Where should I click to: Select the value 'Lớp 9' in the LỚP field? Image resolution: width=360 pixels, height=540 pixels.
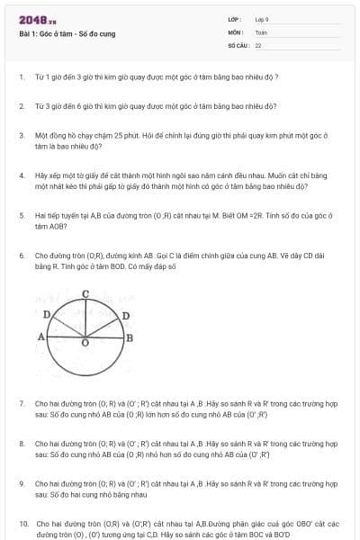pos(262,19)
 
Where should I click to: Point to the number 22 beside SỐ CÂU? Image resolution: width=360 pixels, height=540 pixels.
pos(258,44)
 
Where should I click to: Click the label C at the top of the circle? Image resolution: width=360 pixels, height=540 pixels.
pos(85,293)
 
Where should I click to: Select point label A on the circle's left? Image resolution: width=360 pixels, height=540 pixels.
pos(40,336)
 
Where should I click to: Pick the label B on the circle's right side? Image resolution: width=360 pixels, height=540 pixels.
pos(130,337)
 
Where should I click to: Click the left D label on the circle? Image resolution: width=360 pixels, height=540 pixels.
pos(46,313)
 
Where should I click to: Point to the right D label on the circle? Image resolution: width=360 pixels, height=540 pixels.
pos(125,315)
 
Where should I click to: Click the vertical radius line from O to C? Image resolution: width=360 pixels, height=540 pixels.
pos(85,317)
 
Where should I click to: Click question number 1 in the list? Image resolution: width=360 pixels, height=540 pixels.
pos(21,76)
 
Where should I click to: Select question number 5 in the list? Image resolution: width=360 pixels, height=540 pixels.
pos(21,216)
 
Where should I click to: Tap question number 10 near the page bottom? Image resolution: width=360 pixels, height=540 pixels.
pos(23,522)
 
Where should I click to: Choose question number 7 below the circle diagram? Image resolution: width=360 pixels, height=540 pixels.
pos(21,404)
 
